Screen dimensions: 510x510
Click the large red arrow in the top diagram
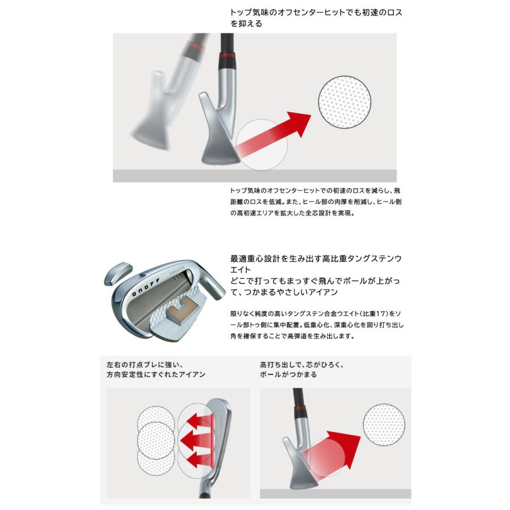click(x=278, y=135)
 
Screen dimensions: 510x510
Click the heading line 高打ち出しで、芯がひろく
click(x=300, y=364)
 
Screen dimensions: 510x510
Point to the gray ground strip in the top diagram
click(x=255, y=176)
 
